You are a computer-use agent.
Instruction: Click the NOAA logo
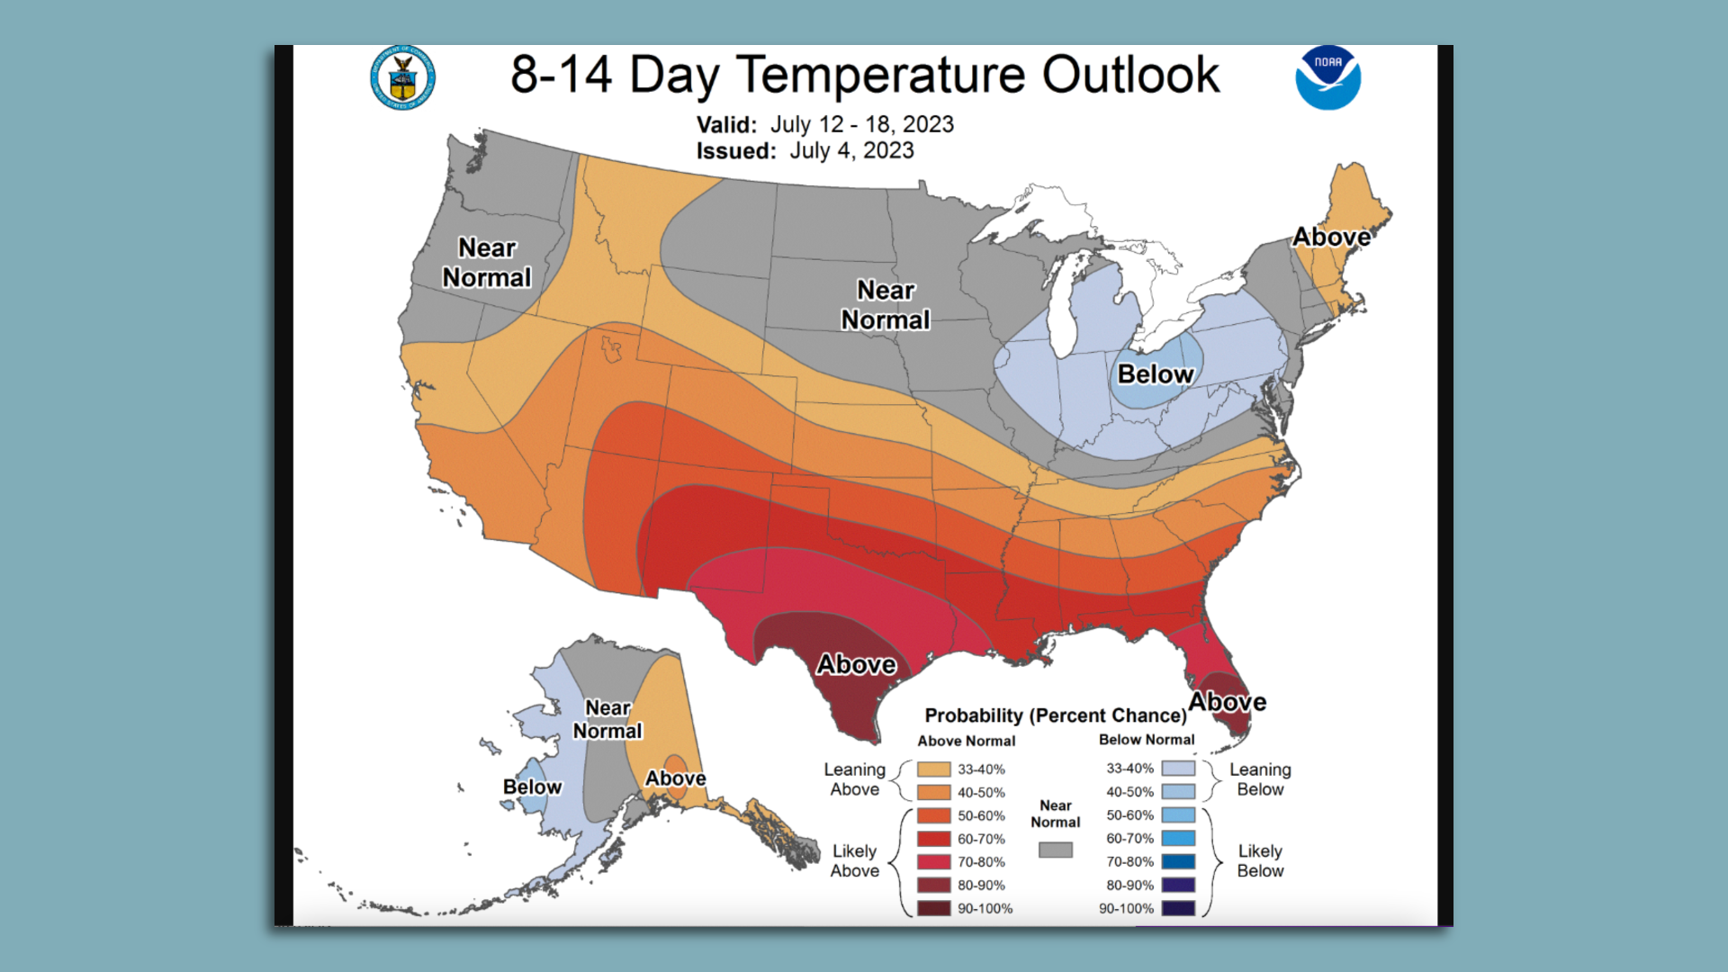1327,77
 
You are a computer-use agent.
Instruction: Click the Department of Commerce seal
402,77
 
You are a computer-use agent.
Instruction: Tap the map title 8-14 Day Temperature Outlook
864,75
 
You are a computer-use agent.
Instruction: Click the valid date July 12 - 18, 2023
861,124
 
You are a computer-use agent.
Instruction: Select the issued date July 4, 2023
851,150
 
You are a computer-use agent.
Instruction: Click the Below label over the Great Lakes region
1156,374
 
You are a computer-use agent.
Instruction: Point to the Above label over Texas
856,665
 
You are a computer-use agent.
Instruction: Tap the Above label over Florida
1227,702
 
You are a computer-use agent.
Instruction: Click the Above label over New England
1331,238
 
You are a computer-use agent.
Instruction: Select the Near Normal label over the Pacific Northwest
487,263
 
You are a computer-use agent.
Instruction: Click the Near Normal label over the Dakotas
886,305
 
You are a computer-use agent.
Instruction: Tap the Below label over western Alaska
532,787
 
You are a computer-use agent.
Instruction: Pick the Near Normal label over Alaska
607,720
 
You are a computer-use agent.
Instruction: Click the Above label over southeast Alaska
675,778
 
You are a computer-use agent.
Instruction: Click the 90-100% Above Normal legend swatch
933,909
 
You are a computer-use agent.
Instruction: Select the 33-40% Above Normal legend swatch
933,769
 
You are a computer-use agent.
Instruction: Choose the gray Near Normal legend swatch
1055,850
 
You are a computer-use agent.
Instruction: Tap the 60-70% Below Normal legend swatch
1178,839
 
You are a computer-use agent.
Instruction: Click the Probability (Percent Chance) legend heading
1056,715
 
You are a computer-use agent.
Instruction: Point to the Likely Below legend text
1260,861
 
